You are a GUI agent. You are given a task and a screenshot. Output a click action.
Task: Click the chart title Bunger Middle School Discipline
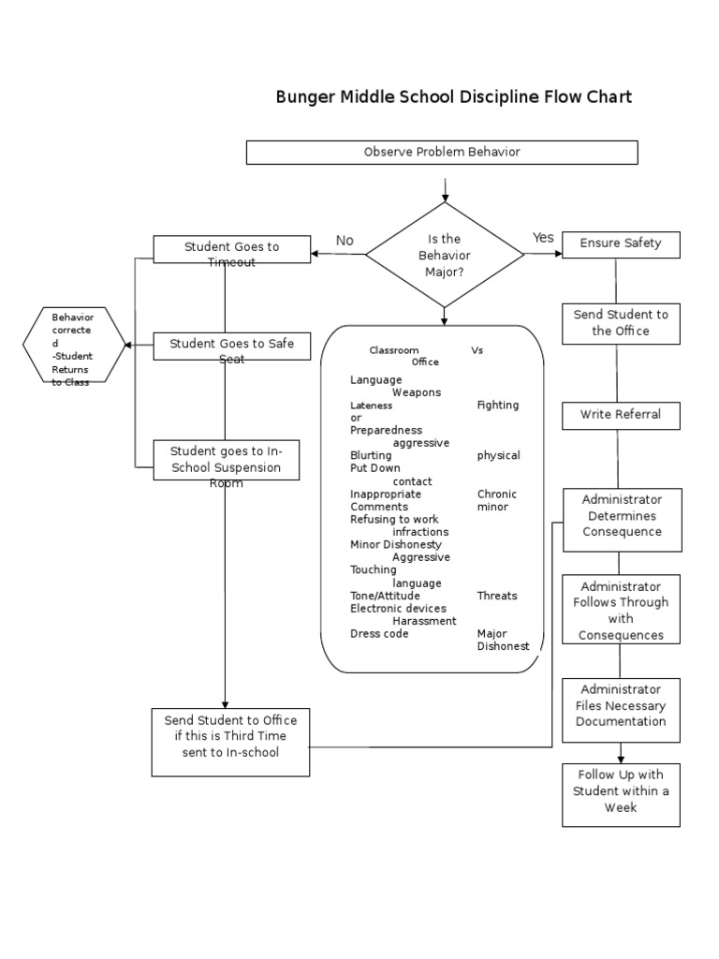tap(453, 96)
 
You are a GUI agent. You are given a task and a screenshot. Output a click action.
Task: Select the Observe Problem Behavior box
tap(442, 152)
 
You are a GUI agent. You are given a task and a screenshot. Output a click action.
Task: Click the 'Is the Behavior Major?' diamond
tap(445, 255)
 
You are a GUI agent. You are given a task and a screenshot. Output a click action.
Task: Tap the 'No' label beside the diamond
tap(345, 241)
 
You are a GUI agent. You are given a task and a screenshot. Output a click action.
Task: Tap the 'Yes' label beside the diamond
tap(543, 238)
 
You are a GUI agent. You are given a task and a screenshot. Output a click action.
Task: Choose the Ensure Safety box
tap(621, 243)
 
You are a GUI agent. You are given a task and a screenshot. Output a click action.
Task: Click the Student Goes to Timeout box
tap(231, 249)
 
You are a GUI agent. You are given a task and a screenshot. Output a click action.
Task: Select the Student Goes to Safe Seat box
tap(231, 346)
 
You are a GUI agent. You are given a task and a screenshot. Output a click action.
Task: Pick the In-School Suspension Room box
tap(227, 460)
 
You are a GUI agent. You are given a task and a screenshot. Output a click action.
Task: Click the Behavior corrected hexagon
tap(73, 345)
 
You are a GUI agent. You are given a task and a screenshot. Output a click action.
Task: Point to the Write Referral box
tap(621, 415)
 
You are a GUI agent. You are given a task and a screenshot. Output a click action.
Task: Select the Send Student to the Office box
tap(621, 323)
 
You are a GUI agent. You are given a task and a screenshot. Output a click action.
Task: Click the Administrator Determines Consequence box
tap(622, 517)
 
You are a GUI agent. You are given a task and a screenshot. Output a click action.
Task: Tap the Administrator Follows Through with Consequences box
tap(621, 610)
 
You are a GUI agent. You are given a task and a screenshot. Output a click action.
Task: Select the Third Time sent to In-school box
tap(230, 741)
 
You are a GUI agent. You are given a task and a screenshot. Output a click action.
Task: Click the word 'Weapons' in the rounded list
tap(417, 392)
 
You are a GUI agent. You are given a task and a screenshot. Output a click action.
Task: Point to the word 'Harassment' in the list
tap(424, 621)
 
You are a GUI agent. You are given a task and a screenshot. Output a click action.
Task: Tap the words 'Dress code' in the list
tap(379, 634)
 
